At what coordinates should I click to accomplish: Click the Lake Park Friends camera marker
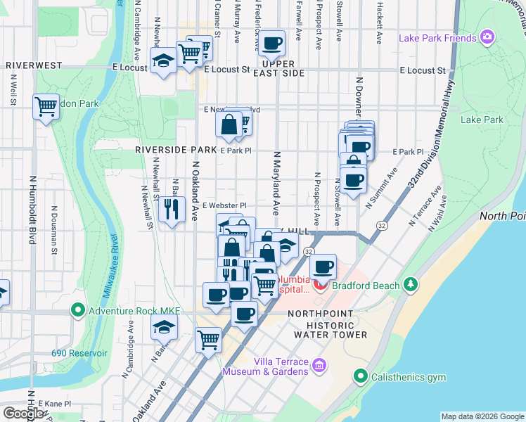point(487,37)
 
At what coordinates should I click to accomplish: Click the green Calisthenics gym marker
point(361,377)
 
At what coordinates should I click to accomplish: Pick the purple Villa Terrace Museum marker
point(319,365)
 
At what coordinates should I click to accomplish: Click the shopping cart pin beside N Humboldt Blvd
point(46,107)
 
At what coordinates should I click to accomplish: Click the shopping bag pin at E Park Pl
point(229,127)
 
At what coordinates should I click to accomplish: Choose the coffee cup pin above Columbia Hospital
point(323,267)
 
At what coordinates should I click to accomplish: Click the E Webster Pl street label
point(224,205)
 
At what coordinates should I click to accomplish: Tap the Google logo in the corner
point(23,414)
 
